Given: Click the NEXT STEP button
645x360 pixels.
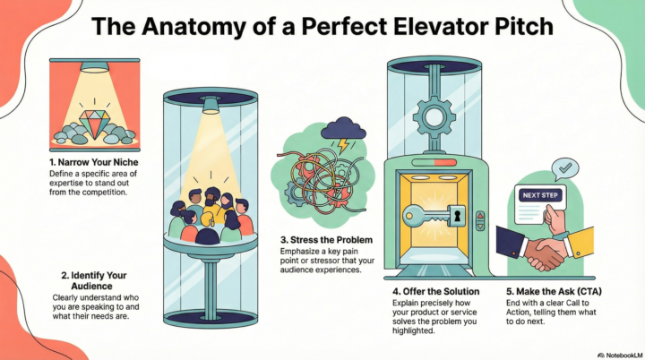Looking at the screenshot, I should pos(537,193).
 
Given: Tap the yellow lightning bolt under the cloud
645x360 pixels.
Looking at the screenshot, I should pos(341,141).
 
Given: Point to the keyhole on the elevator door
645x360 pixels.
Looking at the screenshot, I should pos(456,216).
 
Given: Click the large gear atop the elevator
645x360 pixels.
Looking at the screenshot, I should pos(436,116).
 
